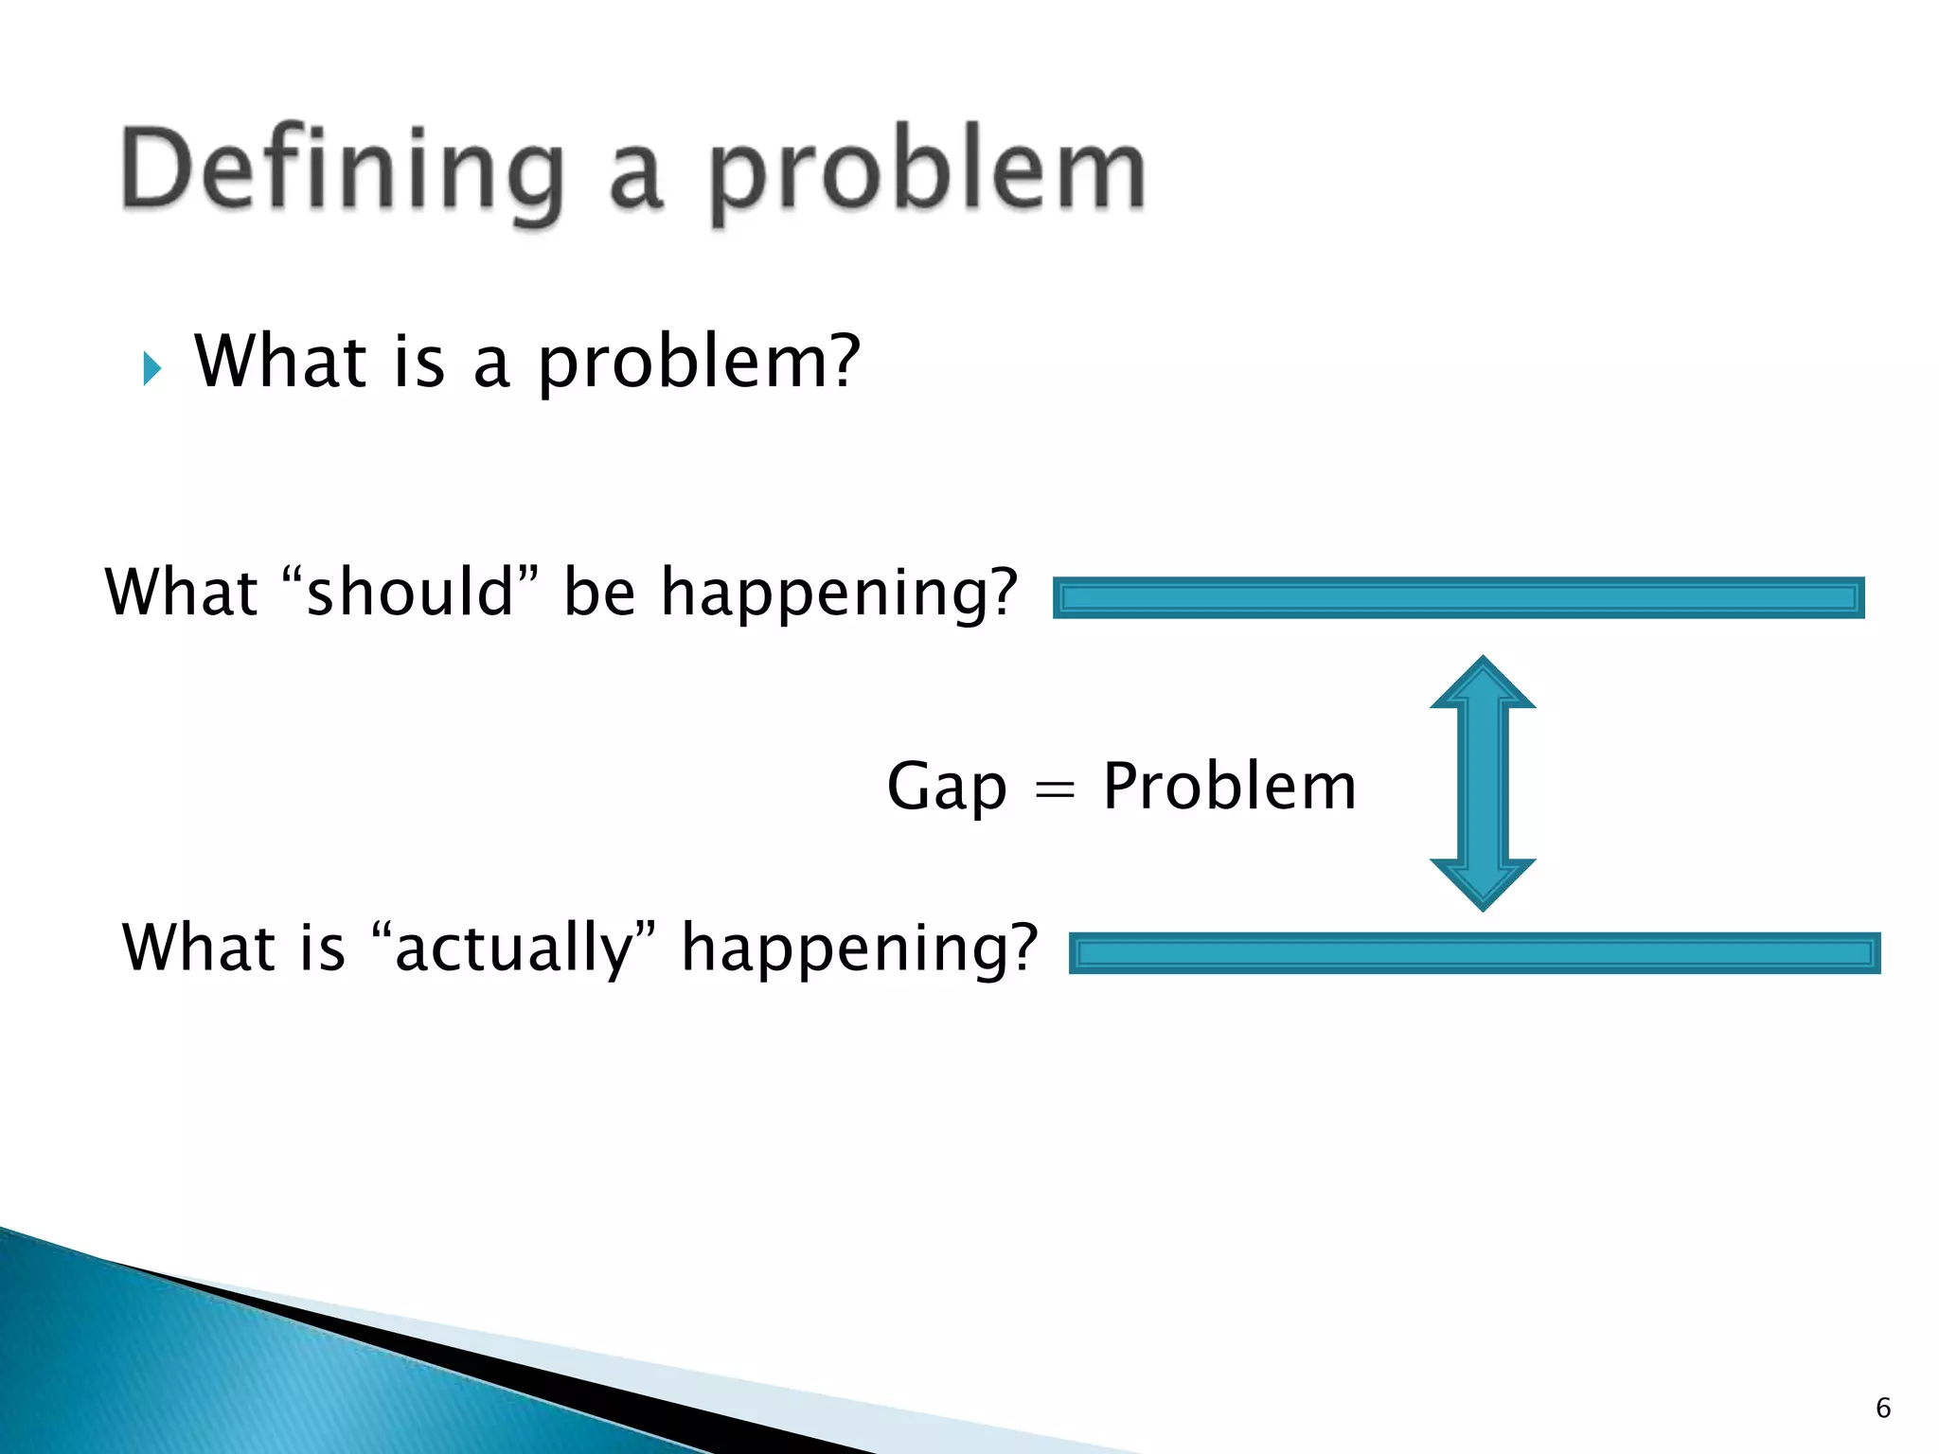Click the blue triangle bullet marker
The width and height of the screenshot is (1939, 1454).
click(x=152, y=368)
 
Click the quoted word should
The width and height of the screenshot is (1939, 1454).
click(x=410, y=592)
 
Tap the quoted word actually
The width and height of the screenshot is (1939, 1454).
click(x=513, y=947)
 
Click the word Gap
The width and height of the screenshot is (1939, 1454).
click(x=946, y=787)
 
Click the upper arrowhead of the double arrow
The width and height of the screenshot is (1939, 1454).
click(x=1483, y=683)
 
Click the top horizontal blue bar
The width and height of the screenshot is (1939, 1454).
click(x=1458, y=597)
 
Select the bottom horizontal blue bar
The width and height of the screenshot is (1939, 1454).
click(x=1474, y=953)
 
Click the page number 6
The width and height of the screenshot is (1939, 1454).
click(x=1883, y=1408)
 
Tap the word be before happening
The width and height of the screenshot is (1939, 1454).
click(x=598, y=592)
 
